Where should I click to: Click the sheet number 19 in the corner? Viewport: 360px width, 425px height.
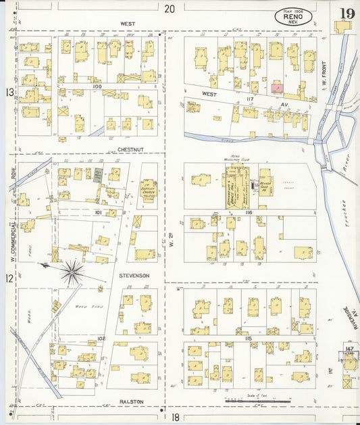[x=346, y=14]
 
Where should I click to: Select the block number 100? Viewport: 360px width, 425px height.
[x=97, y=87]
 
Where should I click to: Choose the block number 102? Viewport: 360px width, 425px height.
[x=101, y=338]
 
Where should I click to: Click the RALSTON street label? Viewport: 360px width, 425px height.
[x=131, y=402]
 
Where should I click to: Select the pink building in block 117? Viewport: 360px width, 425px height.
[x=277, y=87]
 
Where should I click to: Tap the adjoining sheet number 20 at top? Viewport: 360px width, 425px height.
[x=169, y=9]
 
